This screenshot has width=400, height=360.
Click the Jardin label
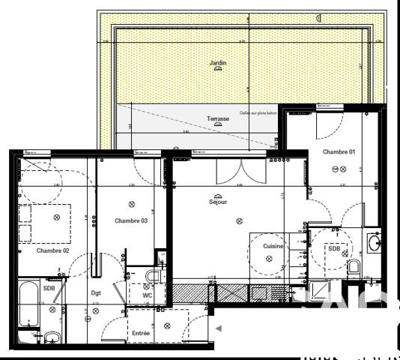[x=218, y=64]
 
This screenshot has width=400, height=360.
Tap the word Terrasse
[x=218, y=119]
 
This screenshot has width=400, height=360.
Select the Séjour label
[x=218, y=202]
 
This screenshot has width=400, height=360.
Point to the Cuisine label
[x=273, y=246]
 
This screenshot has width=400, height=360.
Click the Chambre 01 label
[x=339, y=151]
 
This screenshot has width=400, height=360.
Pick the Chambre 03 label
[x=131, y=220]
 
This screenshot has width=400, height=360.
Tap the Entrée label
[x=139, y=333]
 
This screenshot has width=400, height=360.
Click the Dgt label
[x=96, y=293]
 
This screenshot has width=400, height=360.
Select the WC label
[x=148, y=295]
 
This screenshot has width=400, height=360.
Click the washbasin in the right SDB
[x=374, y=242]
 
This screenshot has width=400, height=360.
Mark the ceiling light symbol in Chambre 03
[x=132, y=204]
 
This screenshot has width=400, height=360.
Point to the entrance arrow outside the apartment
[x=219, y=328]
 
